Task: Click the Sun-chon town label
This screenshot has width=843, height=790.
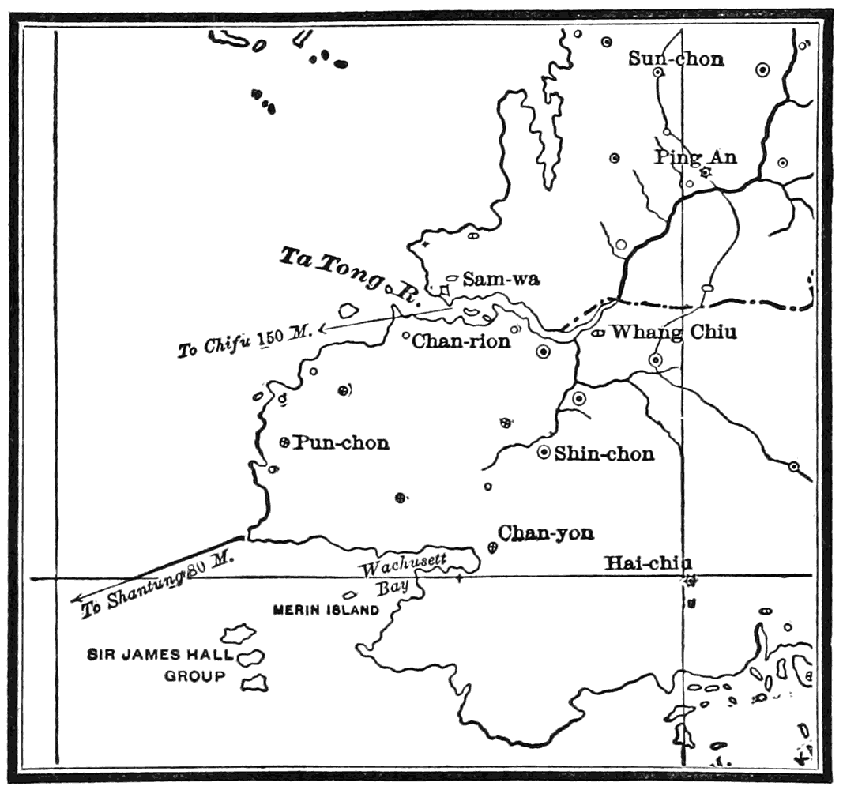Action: pyautogui.click(x=676, y=58)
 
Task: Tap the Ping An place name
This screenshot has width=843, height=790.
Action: pyautogui.click(x=695, y=157)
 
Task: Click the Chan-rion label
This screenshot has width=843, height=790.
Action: pyautogui.click(x=461, y=341)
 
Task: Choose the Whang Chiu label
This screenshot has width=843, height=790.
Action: pyautogui.click(x=673, y=332)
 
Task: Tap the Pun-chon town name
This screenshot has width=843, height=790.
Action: pyautogui.click(x=341, y=442)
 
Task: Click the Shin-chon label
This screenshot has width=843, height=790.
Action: pyautogui.click(x=604, y=453)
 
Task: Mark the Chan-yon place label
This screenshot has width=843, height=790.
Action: pyautogui.click(x=546, y=533)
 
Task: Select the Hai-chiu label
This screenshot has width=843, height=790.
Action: pyautogui.click(x=648, y=563)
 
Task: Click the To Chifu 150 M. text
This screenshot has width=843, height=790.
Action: pyautogui.click(x=245, y=340)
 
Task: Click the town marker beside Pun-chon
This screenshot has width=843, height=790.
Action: pyautogui.click(x=285, y=442)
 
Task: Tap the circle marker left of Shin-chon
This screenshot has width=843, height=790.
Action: pyautogui.click(x=544, y=453)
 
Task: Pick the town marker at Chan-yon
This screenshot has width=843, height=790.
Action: pyautogui.click(x=492, y=547)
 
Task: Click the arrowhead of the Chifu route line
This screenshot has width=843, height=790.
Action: pyautogui.click(x=324, y=326)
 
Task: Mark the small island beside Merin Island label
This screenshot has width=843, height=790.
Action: pyautogui.click(x=348, y=595)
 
